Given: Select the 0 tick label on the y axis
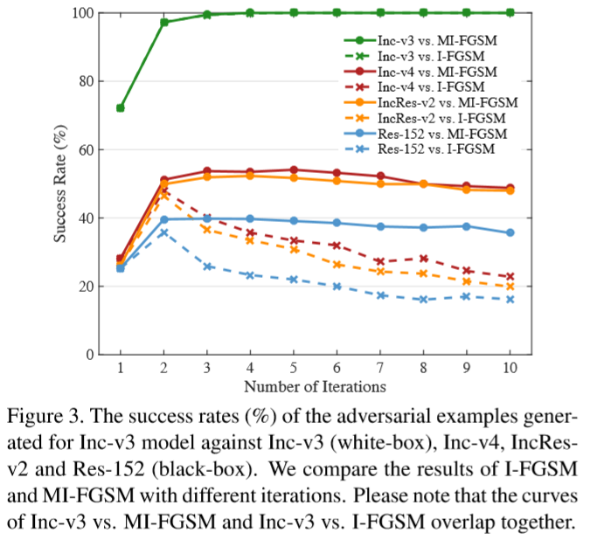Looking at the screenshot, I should [x=90, y=355].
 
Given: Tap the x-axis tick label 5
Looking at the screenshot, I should [x=294, y=368].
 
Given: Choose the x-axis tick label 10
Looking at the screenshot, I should [x=510, y=368].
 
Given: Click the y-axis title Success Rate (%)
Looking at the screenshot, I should [x=62, y=183].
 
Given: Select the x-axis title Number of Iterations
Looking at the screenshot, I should [x=315, y=385].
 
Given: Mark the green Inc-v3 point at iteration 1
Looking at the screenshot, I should [x=121, y=108].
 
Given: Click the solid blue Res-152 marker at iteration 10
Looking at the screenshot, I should [x=510, y=232].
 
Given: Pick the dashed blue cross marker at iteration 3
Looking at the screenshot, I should [x=207, y=267].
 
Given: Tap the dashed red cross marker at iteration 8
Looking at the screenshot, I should [x=424, y=259].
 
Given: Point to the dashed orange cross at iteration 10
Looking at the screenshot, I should [x=510, y=287].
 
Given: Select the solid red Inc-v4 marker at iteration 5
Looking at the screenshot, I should [x=294, y=170].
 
